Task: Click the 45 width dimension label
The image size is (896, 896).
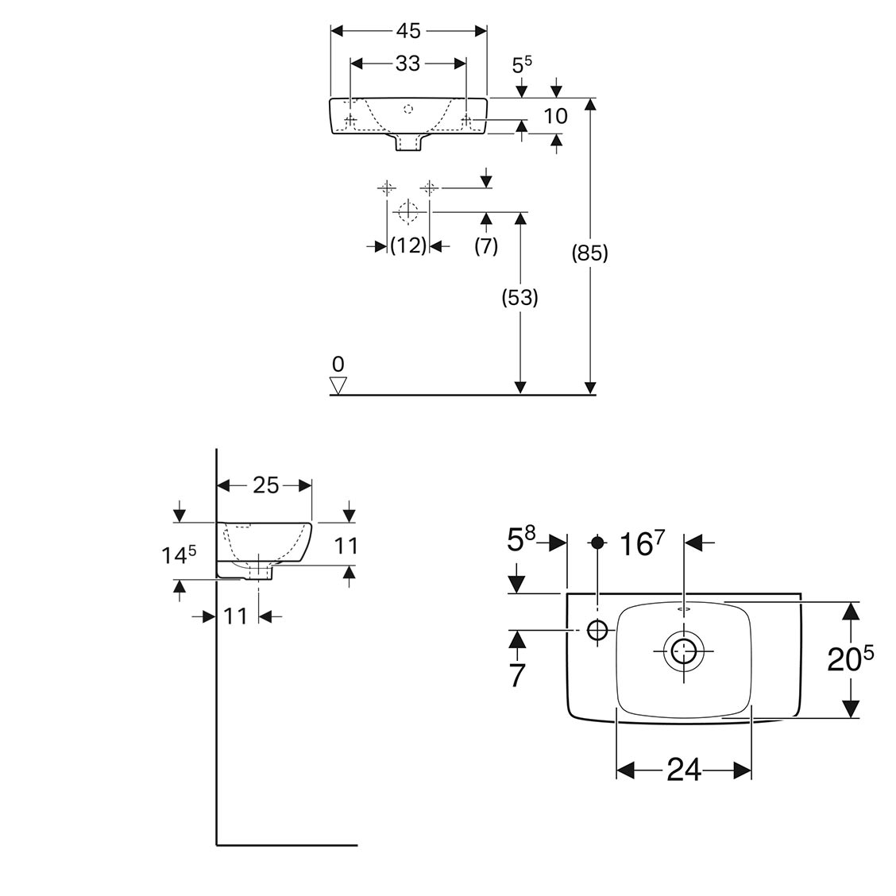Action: [x=407, y=31]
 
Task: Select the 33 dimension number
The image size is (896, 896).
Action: [x=407, y=64]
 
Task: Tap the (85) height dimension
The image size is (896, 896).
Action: [x=590, y=253]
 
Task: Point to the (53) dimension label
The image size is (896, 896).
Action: [x=520, y=298]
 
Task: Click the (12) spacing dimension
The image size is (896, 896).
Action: [x=408, y=245]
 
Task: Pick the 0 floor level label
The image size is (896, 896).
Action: [x=338, y=365]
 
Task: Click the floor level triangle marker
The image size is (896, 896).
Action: [x=339, y=385]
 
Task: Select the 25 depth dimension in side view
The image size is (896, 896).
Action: [x=265, y=485]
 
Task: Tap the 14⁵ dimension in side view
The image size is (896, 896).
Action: [x=180, y=554]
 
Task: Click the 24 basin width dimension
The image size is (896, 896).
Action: [x=684, y=769]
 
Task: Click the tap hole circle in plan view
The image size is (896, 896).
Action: [x=597, y=631]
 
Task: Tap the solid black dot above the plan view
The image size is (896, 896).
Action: [x=597, y=543]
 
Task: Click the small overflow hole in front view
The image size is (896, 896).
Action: [x=408, y=107]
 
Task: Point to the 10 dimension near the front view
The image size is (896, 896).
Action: [x=556, y=116]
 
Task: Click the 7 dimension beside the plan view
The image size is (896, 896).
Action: [x=517, y=674]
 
